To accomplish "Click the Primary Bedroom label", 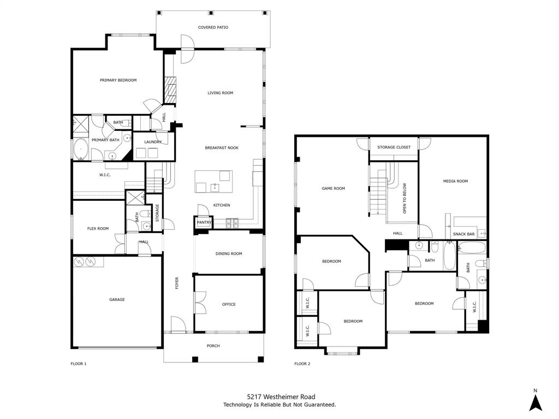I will point(118,80).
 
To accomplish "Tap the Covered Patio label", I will point(213,27).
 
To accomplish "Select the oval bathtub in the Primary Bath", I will point(81,148).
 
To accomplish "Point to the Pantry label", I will point(204,223).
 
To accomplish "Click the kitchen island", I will point(213,182).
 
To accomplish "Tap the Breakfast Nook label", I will point(222,148).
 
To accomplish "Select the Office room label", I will point(229,304).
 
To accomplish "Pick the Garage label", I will point(117,300).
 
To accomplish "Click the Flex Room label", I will point(98,229).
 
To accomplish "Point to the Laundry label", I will point(153,142).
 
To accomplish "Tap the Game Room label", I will point(333,189).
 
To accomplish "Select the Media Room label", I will point(455,181).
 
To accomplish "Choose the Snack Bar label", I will point(463,235).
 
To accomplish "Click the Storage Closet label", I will point(394,147).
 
